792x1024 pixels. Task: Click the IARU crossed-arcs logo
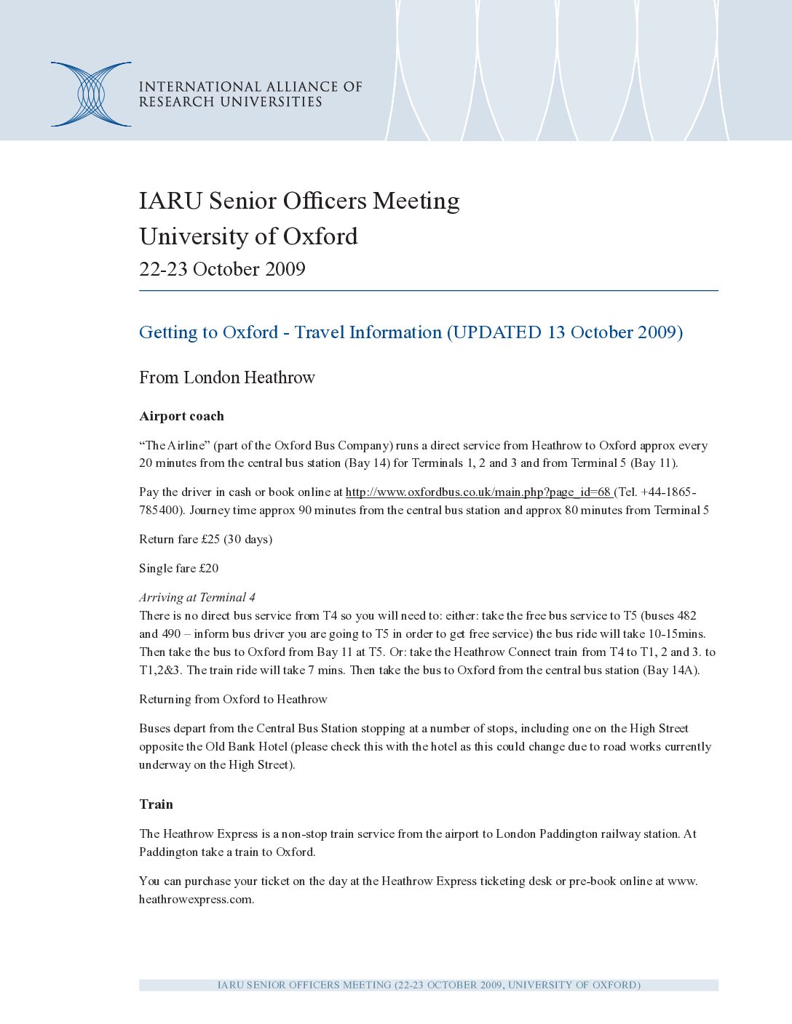[91, 95]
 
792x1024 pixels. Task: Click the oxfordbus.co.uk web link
[478, 492]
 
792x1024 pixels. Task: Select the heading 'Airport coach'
[181, 416]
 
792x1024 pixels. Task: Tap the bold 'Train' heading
[156, 804]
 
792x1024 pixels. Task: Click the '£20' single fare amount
[209, 568]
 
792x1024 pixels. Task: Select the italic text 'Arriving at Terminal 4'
[197, 597]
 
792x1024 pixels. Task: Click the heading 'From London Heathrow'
[227, 377]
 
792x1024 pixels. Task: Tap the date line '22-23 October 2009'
[222, 269]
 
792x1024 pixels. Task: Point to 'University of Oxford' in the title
[248, 236]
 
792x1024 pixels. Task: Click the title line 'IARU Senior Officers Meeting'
[299, 201]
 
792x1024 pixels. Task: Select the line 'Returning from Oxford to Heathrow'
[233, 699]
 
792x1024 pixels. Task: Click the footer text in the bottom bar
[429, 985]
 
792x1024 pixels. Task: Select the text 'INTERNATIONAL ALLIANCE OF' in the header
[250, 87]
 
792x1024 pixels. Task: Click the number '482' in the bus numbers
[686, 615]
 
